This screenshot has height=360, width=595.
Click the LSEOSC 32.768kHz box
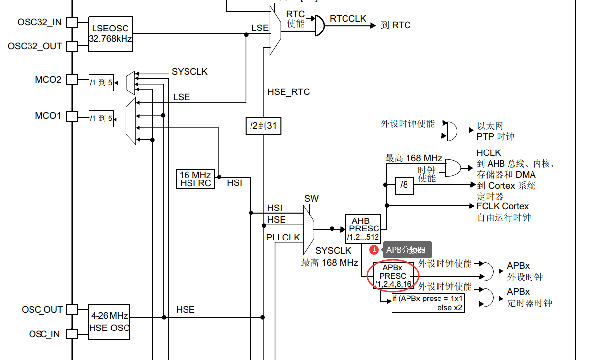(111, 33)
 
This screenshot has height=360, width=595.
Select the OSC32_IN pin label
(39, 22)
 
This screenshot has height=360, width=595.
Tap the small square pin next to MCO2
(72, 79)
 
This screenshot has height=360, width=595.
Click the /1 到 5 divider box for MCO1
(101, 119)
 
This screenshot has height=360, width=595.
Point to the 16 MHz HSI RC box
(195, 179)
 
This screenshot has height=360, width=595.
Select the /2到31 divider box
(263, 126)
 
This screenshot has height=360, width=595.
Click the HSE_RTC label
(288, 92)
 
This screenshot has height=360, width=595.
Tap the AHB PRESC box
(363, 229)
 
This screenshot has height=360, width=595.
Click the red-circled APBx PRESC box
(393, 276)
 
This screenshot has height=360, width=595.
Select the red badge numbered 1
(374, 250)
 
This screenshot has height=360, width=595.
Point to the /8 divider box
(404, 185)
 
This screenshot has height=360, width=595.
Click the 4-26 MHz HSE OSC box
(109, 321)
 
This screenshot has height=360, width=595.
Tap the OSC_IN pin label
(44, 334)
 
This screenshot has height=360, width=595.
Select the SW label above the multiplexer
(311, 199)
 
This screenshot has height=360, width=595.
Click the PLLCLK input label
(283, 238)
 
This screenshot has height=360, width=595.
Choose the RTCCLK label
(348, 19)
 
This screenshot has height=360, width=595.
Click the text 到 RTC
(396, 25)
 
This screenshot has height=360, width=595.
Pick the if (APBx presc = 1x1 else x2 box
(428, 303)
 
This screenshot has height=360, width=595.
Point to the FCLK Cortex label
(502, 206)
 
